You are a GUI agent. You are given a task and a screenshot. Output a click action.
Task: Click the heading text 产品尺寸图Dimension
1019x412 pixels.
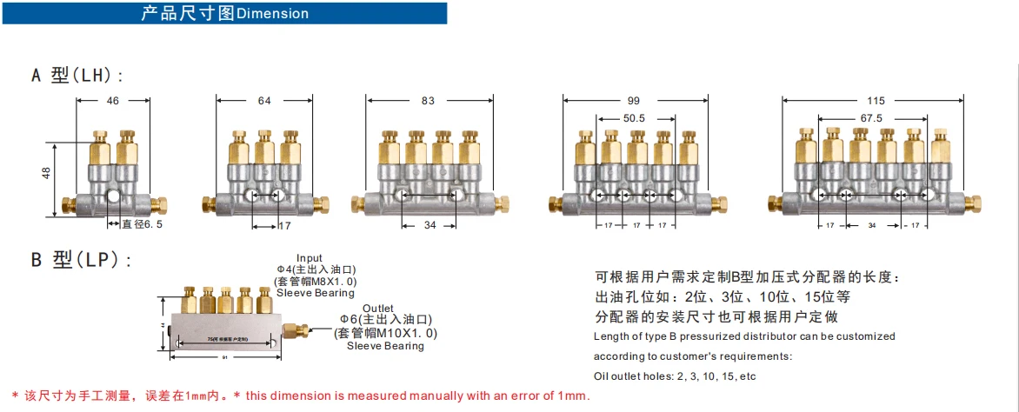pyautogui.click(x=224, y=13)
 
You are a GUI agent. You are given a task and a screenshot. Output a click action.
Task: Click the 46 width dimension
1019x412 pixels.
pyautogui.click(x=113, y=101)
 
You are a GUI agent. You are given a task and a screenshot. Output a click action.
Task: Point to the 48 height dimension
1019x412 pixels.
pyautogui.click(x=46, y=174)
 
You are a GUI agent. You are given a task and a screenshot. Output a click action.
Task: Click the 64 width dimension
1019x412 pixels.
pyautogui.click(x=264, y=101)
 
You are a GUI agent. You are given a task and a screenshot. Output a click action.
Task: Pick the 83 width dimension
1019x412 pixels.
pyautogui.click(x=427, y=101)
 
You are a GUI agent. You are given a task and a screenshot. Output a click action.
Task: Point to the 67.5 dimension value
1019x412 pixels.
pyautogui.click(x=872, y=118)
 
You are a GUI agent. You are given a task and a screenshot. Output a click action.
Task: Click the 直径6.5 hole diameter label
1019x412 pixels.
pyautogui.click(x=141, y=224)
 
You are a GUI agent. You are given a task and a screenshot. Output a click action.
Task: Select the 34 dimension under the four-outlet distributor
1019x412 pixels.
pyautogui.click(x=430, y=226)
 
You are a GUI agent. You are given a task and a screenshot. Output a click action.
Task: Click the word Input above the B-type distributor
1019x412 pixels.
pyautogui.click(x=310, y=258)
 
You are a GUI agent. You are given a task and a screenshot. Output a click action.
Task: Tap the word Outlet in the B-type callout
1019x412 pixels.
pyautogui.click(x=379, y=309)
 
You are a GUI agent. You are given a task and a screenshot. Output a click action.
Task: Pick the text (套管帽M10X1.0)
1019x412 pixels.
pyautogui.click(x=385, y=333)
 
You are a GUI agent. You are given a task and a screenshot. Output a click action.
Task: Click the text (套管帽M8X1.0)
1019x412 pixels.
pyautogui.click(x=315, y=282)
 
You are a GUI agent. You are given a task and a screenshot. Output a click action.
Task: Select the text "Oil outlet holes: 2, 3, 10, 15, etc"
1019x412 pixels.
pyautogui.click(x=675, y=376)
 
